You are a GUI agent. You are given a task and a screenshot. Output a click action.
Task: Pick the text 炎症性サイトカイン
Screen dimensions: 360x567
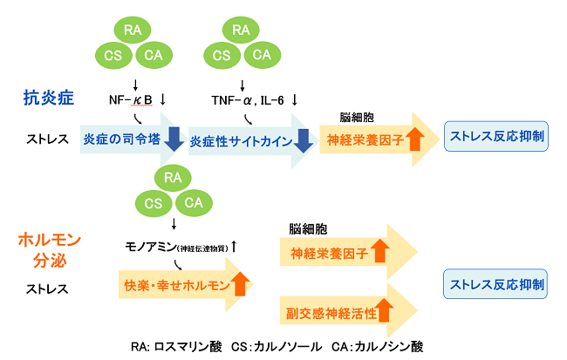[241, 139]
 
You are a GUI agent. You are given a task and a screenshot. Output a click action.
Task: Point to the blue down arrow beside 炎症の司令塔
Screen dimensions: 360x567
[174, 139]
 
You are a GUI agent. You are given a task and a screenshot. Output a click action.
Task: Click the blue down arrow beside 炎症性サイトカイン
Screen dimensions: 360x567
[303, 139]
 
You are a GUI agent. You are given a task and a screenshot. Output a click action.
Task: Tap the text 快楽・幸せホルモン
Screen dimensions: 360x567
[174, 285]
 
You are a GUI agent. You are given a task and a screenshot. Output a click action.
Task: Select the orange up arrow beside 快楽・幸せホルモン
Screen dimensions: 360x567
[241, 284]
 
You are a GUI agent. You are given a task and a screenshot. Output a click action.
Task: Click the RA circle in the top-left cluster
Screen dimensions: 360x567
[133, 31]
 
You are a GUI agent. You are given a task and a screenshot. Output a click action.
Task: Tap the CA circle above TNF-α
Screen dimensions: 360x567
[262, 55]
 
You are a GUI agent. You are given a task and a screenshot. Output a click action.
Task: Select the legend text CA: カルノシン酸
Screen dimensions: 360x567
[378, 346]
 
